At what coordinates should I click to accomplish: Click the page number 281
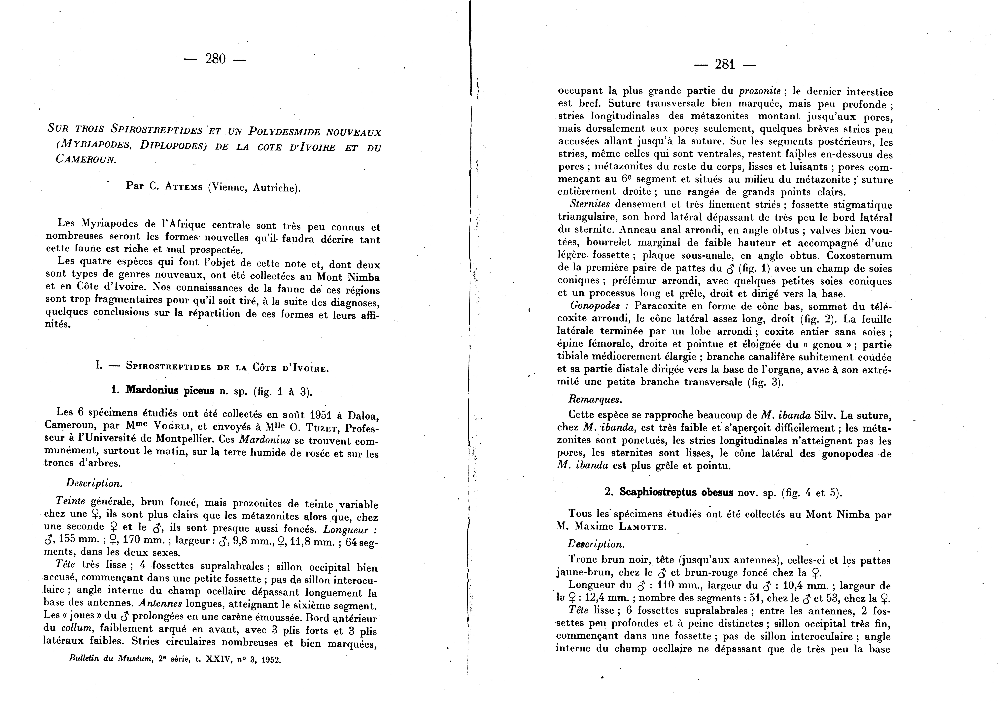pos(725,65)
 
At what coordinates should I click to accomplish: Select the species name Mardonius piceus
pos(170,390)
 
